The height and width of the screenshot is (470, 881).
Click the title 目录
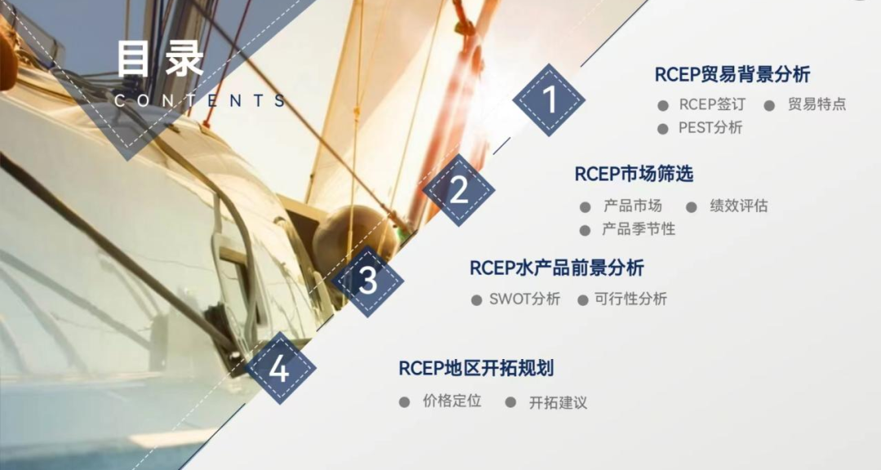[x=160, y=59]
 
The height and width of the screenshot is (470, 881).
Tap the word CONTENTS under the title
[x=201, y=100]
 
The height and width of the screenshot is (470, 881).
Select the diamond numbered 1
[x=549, y=100]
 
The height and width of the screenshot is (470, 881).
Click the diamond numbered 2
[x=459, y=190]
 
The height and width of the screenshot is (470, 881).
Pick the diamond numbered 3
[x=367, y=281]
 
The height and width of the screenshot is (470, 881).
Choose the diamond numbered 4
[x=280, y=368]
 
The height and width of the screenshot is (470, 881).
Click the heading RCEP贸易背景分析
[x=732, y=74]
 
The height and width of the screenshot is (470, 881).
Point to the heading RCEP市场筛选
[x=634, y=174]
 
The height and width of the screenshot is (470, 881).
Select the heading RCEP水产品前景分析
[x=556, y=268]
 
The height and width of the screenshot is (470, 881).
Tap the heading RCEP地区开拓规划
[x=476, y=368]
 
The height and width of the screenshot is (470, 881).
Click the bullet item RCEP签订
[x=712, y=104]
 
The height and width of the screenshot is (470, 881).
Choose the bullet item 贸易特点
[x=817, y=104]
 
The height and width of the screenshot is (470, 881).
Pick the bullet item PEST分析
[x=711, y=128]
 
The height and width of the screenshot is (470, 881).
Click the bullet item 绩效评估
[x=738, y=206]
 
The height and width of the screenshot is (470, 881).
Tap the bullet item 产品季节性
[x=638, y=228]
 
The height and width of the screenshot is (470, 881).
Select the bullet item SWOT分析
[x=525, y=299]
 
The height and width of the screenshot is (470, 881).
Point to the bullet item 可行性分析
[x=631, y=299]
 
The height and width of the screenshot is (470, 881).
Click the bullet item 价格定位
[x=452, y=401]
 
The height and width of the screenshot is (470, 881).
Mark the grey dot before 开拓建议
[x=510, y=402]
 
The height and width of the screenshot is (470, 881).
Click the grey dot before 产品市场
[x=585, y=207]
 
